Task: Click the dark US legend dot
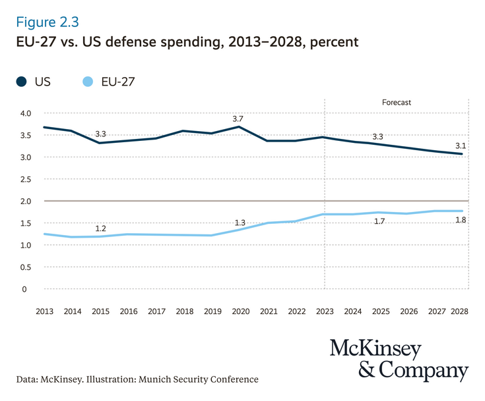pos(22,82)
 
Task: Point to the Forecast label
pos(396,103)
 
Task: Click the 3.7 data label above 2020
pos(238,119)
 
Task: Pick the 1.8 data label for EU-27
pos(461,219)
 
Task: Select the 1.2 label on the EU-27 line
pos(101,228)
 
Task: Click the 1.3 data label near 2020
pos(240,223)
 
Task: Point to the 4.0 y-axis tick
pos(26,113)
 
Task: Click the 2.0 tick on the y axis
pos(26,201)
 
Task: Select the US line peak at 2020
pos(239,127)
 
